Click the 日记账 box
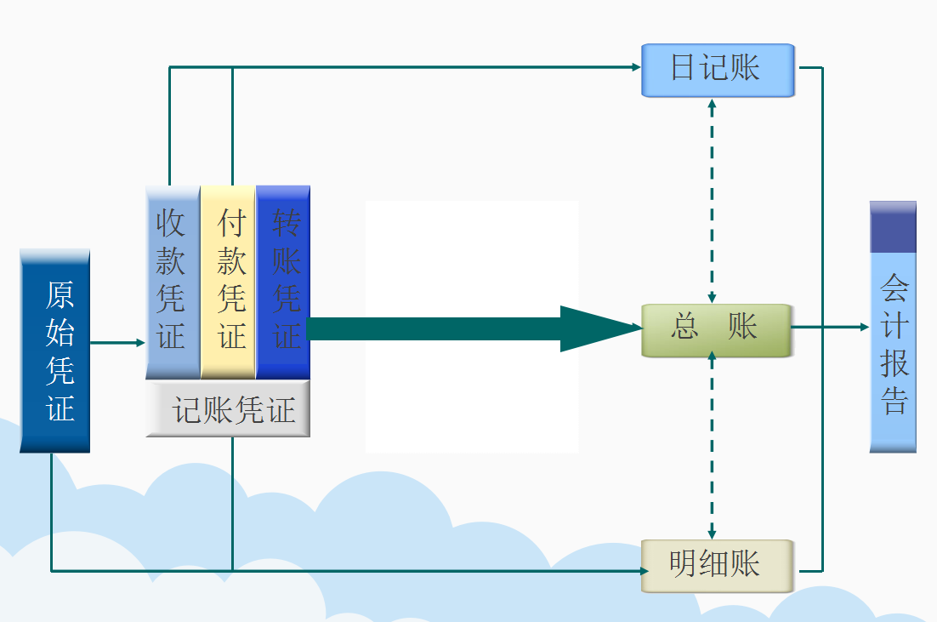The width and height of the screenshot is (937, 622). (x=717, y=69)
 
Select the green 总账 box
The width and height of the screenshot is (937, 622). (x=715, y=328)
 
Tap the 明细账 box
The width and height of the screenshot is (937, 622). (x=717, y=565)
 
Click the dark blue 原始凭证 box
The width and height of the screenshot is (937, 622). (x=54, y=351)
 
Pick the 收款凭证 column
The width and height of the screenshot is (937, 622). (x=172, y=282)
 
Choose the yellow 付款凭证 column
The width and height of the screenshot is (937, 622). (x=228, y=282)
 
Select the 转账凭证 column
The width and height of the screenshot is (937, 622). (x=283, y=282)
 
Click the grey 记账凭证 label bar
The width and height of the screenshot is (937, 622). (x=228, y=410)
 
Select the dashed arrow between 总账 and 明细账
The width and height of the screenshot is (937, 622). (x=712, y=447)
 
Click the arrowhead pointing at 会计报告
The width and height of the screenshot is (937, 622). (x=863, y=327)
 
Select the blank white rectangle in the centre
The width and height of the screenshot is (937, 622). (x=472, y=255)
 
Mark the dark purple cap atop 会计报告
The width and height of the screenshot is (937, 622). (x=893, y=227)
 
